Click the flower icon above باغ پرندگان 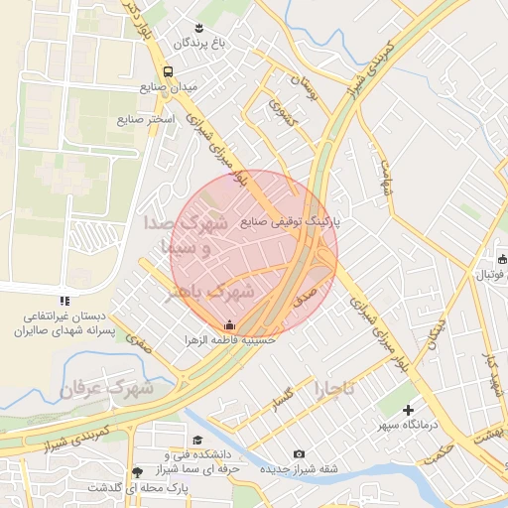199,27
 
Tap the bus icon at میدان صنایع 168,71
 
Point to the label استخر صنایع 146,119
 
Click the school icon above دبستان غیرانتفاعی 64,300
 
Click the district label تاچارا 340,385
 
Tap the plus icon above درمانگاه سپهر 407,410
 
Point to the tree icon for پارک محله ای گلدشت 136,471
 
